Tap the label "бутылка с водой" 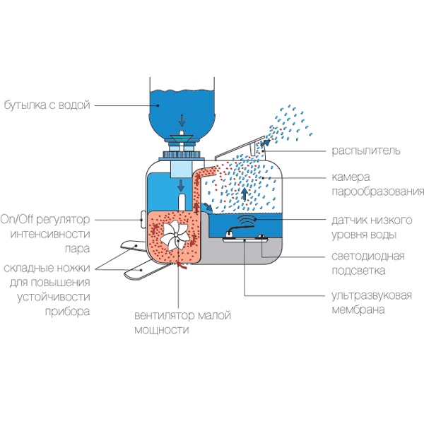47,106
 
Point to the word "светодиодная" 367,256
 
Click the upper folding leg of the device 129,245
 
